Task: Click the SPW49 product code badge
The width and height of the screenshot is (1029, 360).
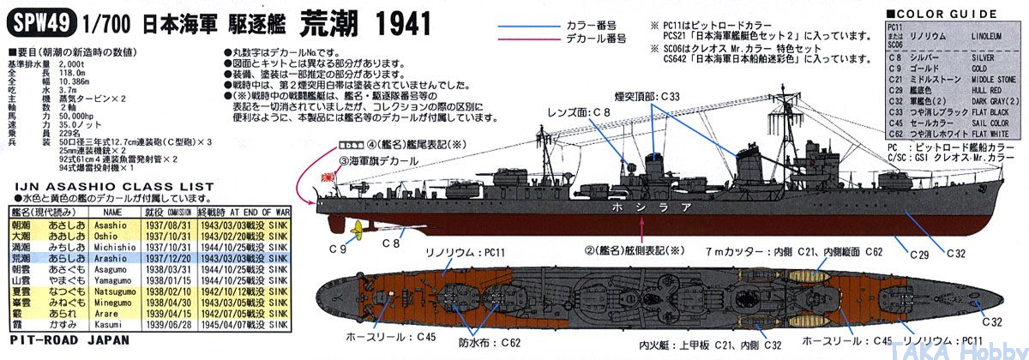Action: [39, 22]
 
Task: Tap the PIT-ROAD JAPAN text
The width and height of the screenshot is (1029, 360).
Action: [69, 339]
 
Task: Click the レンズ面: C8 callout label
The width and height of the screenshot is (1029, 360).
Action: [582, 112]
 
